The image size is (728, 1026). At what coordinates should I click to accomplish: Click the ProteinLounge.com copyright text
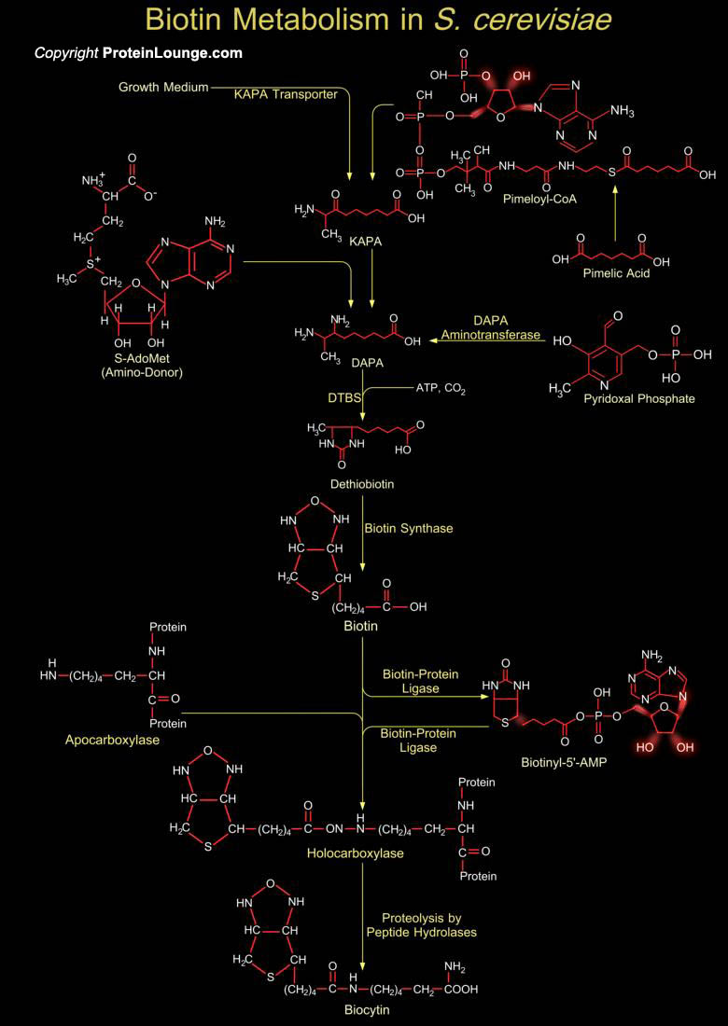click(x=138, y=53)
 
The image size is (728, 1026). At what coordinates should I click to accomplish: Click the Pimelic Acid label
click(x=616, y=273)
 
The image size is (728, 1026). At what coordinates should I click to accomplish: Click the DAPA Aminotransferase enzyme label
click(x=491, y=326)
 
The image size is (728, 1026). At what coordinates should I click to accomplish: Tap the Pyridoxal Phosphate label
click(x=638, y=398)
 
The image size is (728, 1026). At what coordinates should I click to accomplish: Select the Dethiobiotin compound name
click(x=362, y=484)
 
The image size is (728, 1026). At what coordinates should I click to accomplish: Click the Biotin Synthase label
click(x=408, y=529)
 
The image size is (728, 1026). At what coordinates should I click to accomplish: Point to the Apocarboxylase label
click(x=112, y=740)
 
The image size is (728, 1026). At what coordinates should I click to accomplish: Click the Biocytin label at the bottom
click(x=365, y=1009)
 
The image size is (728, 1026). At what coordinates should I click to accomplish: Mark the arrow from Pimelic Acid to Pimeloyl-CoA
click(x=615, y=216)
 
